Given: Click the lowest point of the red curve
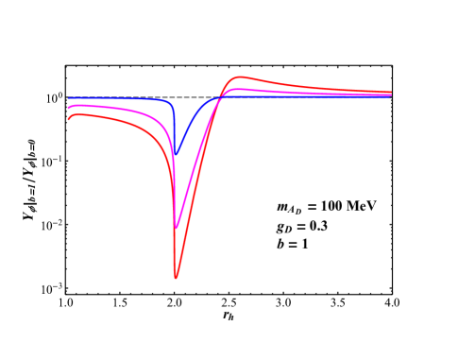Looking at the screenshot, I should click(176, 278).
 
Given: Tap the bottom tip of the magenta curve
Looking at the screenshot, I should click(177, 228).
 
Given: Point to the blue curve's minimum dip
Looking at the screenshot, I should click(174, 156).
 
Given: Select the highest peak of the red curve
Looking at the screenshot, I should click(240, 77).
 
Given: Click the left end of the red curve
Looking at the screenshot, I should click(68, 119).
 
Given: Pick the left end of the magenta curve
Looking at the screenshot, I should click(68, 108).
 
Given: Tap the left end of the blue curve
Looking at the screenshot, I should click(68, 97).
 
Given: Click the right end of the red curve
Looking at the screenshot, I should click(391, 93).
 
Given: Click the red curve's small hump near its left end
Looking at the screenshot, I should click(77, 114).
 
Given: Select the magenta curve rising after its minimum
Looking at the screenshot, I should click(194, 166).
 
